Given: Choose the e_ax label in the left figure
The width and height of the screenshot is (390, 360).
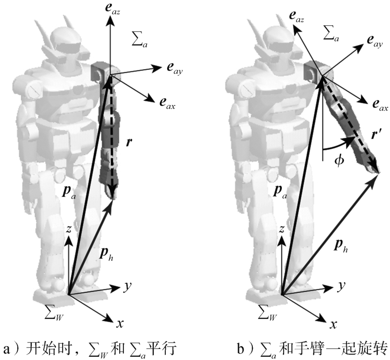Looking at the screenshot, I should pyautogui.click(x=167, y=106).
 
